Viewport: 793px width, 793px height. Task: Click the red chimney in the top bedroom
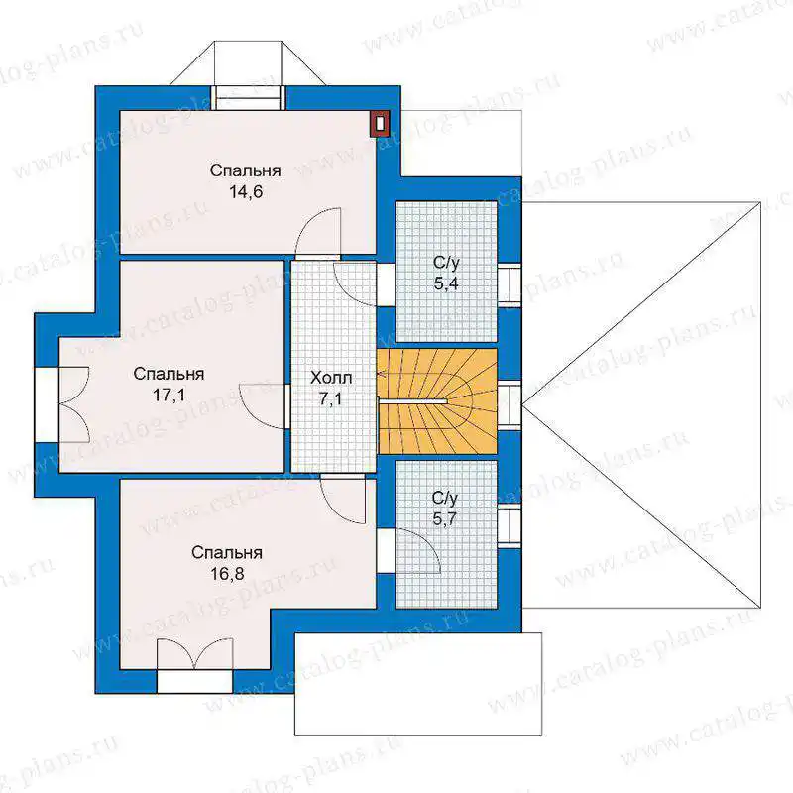(381, 123)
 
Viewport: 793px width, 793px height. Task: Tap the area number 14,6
(246, 192)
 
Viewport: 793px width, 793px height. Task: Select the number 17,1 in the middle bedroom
(169, 395)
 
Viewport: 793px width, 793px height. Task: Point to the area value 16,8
(227, 574)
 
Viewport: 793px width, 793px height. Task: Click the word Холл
(331, 378)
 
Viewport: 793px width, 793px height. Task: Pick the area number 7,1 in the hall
(331, 399)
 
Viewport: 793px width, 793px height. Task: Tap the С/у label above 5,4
(446, 263)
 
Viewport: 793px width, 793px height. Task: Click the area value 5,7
(445, 519)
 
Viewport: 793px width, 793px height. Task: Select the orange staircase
(437, 401)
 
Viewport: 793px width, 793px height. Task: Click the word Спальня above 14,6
(245, 170)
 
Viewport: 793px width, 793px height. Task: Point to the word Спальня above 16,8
(227, 552)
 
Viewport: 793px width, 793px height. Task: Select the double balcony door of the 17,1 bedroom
(74, 403)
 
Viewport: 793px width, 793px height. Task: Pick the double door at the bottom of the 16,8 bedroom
(194, 654)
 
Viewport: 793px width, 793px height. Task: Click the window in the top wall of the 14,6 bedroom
(248, 97)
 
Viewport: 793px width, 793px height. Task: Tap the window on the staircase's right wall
(510, 405)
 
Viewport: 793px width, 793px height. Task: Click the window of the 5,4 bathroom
(510, 285)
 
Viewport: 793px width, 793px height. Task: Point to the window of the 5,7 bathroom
(510, 526)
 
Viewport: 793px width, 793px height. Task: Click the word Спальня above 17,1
(169, 374)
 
